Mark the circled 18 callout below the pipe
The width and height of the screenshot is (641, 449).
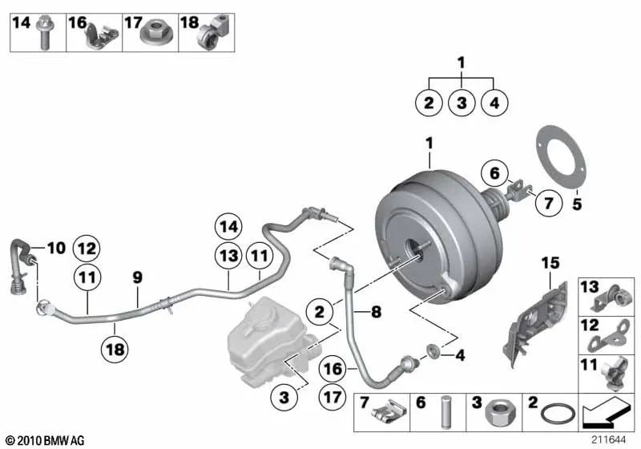[114, 348]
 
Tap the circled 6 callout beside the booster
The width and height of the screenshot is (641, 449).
[494, 172]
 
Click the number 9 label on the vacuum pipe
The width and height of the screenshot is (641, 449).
[137, 277]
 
